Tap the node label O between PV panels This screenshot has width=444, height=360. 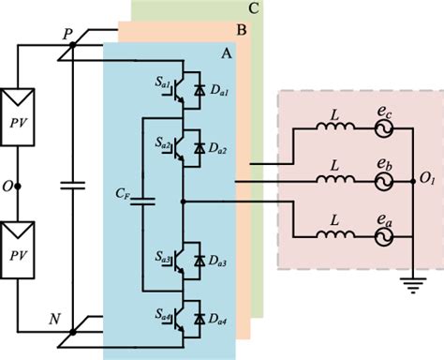point(7,187)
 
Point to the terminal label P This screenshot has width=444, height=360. point(67,34)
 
